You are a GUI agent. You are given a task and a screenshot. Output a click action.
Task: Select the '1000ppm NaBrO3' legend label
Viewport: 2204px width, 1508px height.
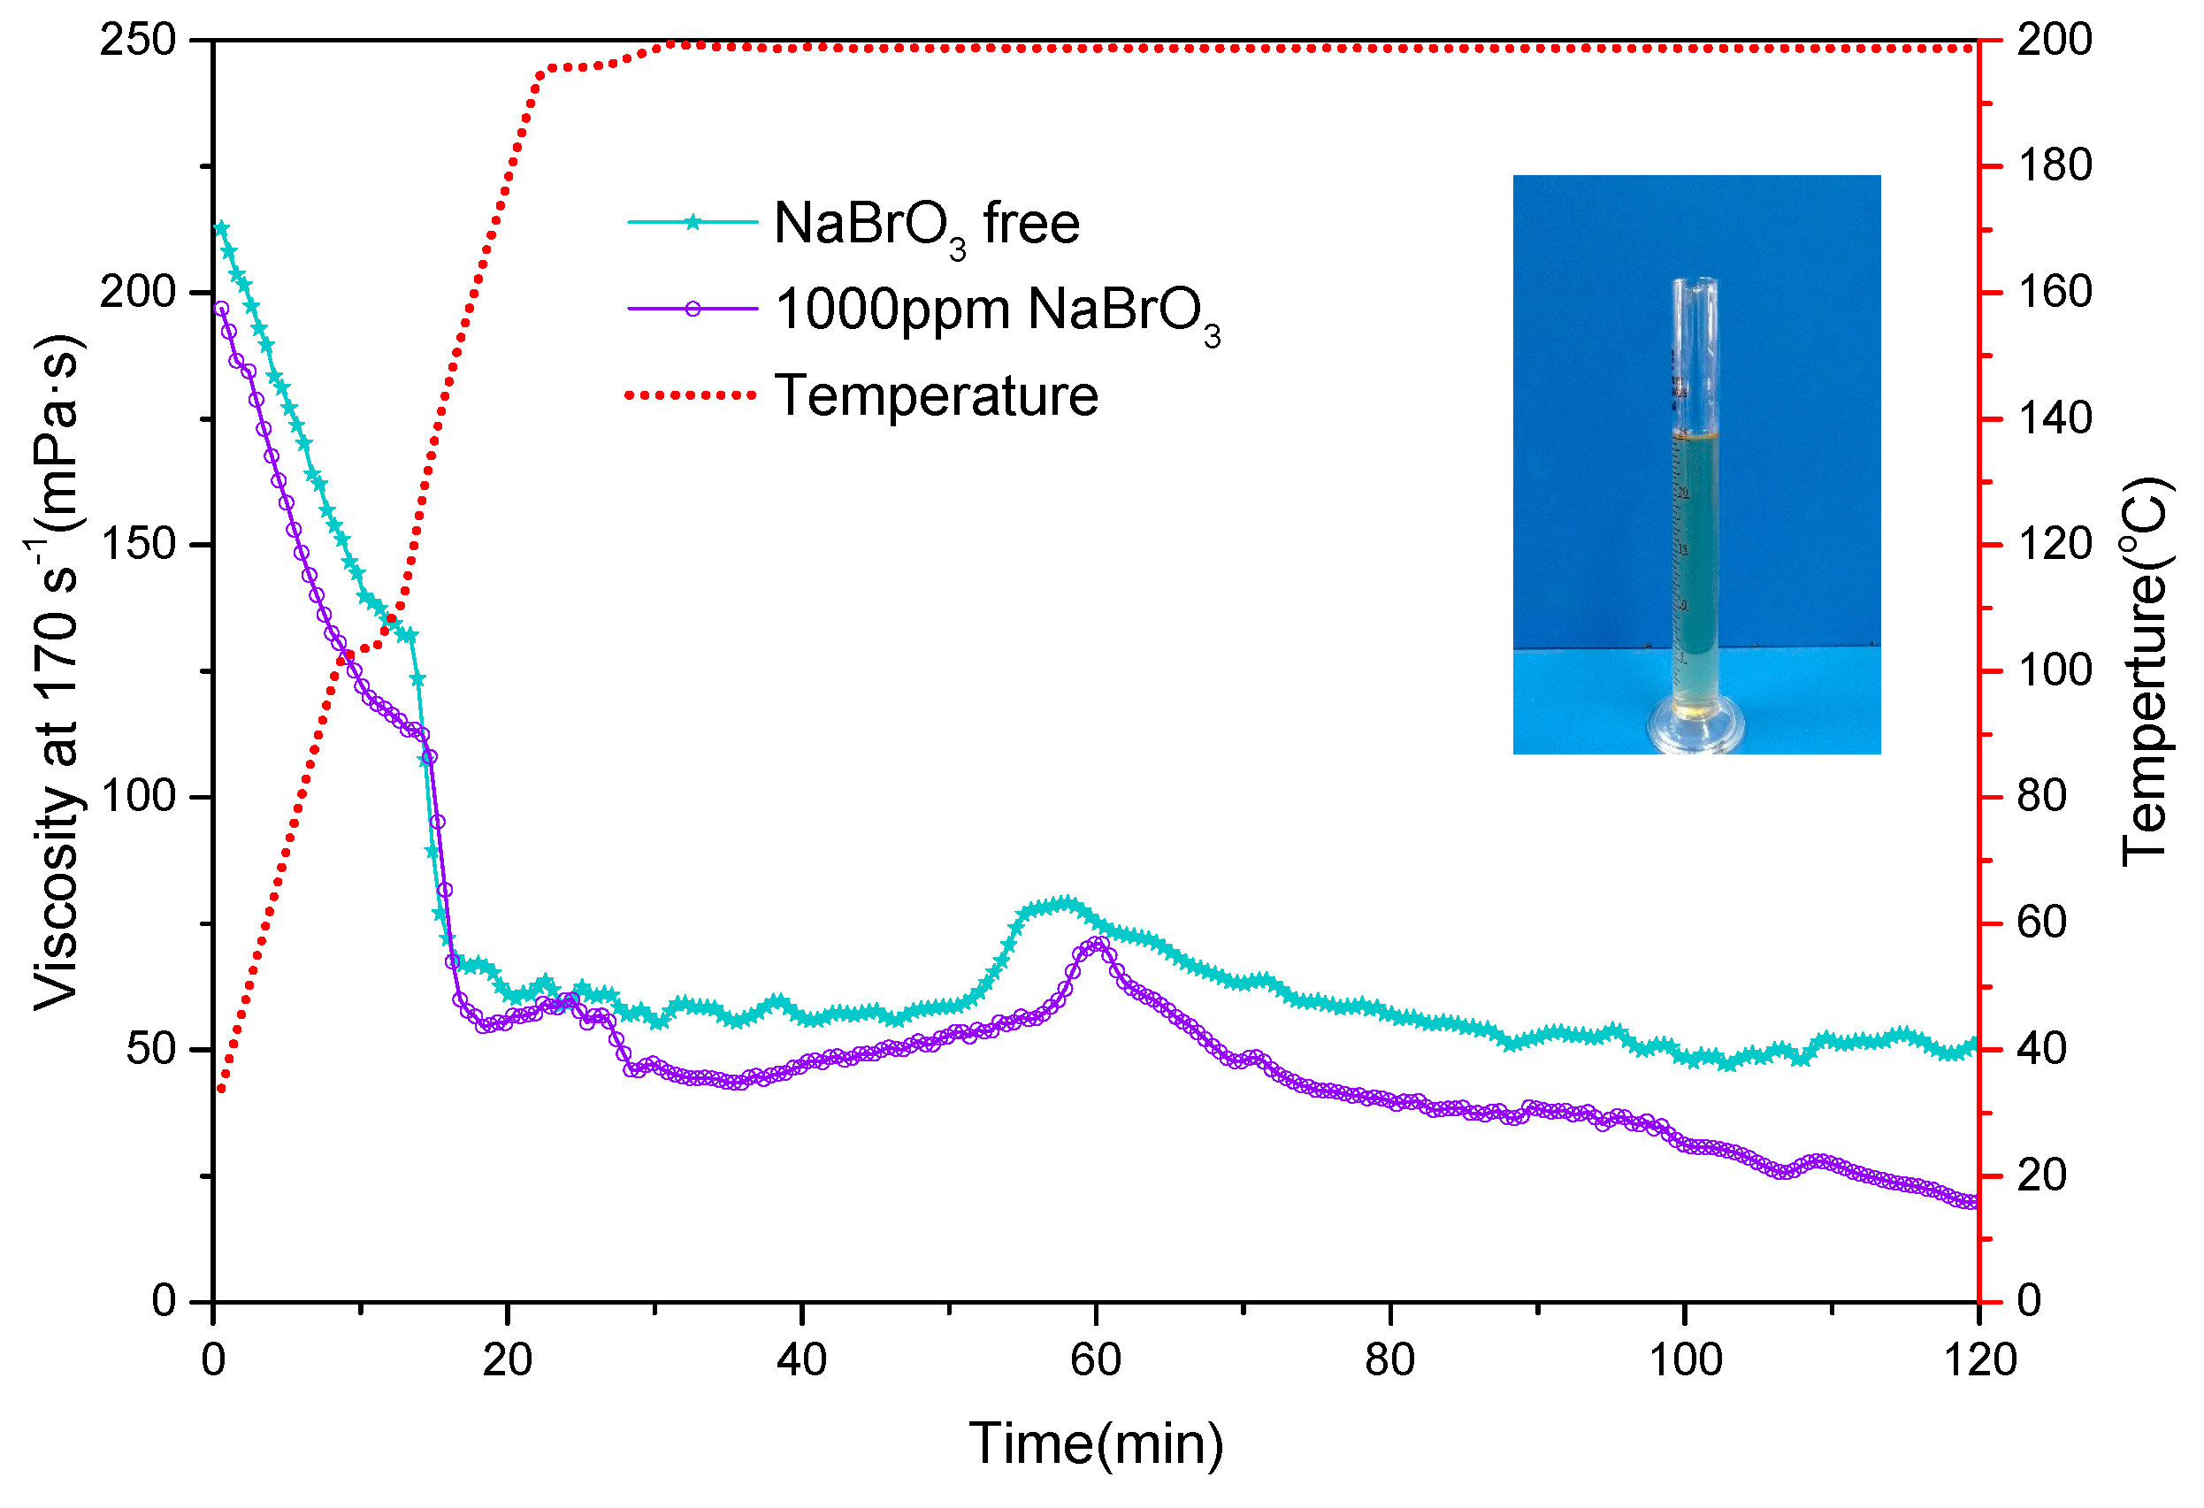tap(997, 310)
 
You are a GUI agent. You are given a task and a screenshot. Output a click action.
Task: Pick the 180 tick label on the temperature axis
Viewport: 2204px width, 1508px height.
tap(2055, 166)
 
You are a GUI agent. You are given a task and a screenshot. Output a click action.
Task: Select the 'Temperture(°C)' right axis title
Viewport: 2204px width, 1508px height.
tap(2146, 670)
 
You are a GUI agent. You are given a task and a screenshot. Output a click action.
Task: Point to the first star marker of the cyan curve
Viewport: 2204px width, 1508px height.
tap(221, 228)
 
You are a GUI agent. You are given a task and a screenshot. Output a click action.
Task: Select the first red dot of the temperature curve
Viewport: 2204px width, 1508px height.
tap(221, 1089)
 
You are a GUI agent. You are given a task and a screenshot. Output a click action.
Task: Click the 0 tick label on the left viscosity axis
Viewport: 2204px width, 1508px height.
tap(165, 1300)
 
